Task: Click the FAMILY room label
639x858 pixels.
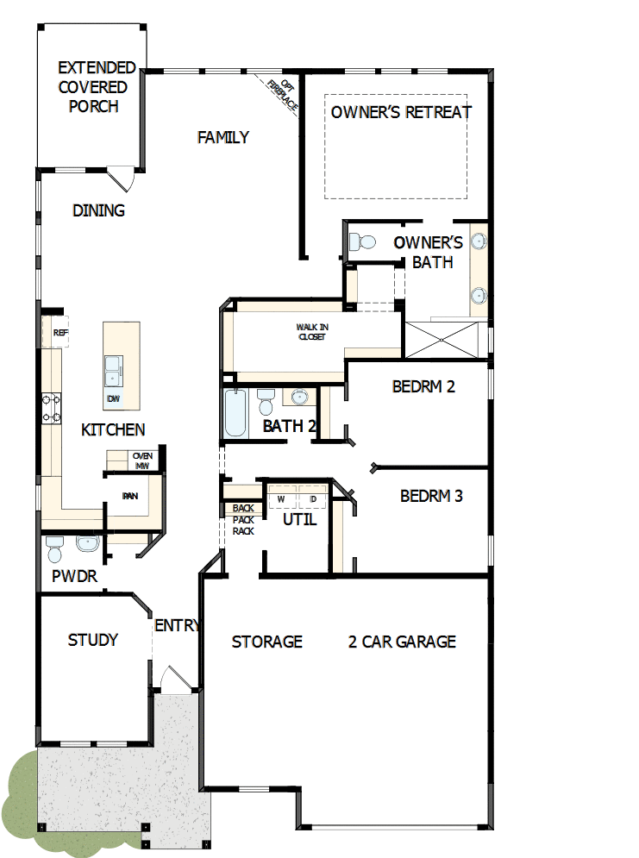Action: click(x=222, y=137)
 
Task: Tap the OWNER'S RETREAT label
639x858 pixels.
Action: click(x=401, y=112)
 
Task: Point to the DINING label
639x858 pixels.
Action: click(x=98, y=210)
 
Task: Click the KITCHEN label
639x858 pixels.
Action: click(x=113, y=429)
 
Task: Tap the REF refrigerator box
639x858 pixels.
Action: click(x=59, y=332)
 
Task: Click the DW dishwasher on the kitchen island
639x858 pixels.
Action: click(x=114, y=398)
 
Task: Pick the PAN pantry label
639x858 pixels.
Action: click(x=130, y=496)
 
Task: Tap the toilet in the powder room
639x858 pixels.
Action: click(x=55, y=548)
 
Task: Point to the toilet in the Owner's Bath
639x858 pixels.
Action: click(x=363, y=241)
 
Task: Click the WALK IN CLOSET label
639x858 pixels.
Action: click(x=312, y=332)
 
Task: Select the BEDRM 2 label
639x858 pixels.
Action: click(x=423, y=386)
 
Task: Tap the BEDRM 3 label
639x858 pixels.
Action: click(x=431, y=497)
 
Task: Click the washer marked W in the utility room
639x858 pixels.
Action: click(x=281, y=499)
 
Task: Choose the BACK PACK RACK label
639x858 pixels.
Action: click(x=243, y=520)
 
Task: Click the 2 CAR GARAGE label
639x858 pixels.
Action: click(x=402, y=642)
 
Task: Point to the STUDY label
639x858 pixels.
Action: click(x=93, y=640)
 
